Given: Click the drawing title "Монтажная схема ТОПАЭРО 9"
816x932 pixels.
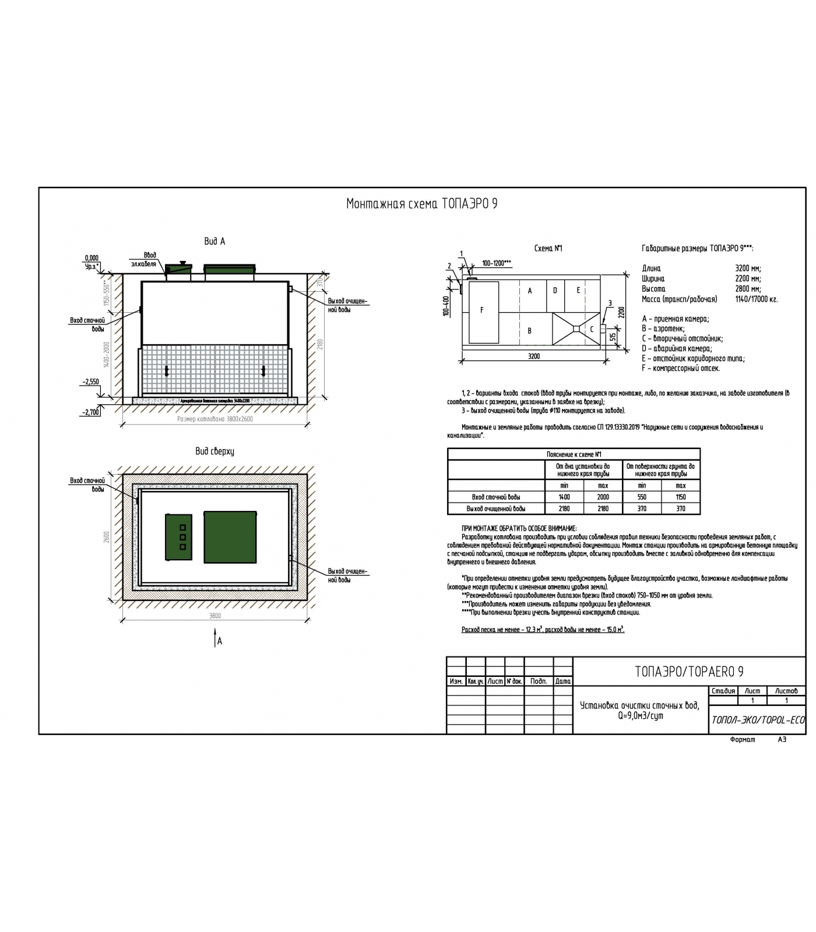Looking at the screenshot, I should [x=421, y=204].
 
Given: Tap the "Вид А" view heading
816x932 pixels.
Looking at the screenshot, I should [x=214, y=241].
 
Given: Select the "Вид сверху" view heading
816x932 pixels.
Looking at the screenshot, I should [x=214, y=451].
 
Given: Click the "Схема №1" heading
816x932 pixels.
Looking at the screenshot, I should [x=548, y=249].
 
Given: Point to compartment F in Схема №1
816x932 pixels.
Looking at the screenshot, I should [x=483, y=312].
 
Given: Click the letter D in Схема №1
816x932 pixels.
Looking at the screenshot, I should [x=555, y=291].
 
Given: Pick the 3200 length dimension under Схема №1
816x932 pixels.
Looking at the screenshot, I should [x=533, y=356].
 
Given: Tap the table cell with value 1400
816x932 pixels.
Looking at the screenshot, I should [x=564, y=497].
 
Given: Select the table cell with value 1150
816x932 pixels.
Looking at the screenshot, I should [x=680, y=497].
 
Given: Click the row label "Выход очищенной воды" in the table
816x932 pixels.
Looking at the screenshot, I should [x=495, y=509].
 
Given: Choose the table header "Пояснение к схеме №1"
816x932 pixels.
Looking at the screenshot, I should [x=574, y=454].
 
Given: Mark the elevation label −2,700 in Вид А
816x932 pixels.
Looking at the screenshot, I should [x=90, y=412].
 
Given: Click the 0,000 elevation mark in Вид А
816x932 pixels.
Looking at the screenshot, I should [x=92, y=258].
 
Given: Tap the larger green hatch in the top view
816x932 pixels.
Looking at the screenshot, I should [x=230, y=537].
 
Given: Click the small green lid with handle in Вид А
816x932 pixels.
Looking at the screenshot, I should [x=179, y=267].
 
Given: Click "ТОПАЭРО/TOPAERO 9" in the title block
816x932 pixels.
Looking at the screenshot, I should [x=688, y=672].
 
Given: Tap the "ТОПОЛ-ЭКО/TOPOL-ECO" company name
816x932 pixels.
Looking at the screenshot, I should [x=757, y=720].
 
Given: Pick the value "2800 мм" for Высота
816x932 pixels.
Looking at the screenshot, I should [x=748, y=289].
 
